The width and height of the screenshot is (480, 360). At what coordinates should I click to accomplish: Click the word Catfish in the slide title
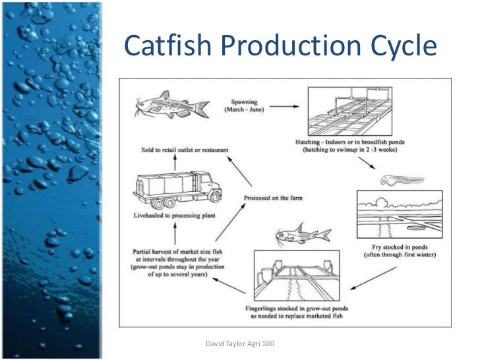[x=164, y=46]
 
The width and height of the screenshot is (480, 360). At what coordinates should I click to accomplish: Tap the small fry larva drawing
[x=395, y=179]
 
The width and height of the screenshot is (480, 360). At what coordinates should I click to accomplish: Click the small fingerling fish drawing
[x=303, y=235]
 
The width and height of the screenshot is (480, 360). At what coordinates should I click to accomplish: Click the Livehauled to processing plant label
[x=177, y=216]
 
